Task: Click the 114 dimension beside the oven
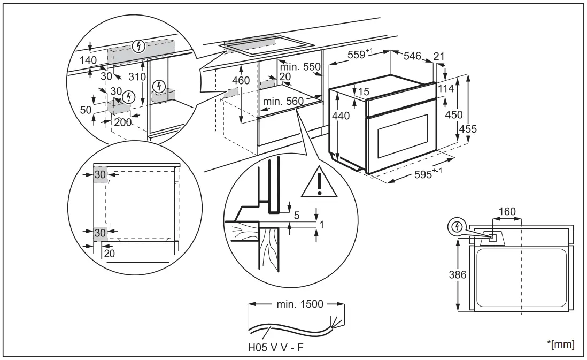446,88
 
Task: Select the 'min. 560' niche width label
283,101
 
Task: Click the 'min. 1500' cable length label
300,304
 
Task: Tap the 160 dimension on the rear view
506,212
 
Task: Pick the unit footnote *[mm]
562,344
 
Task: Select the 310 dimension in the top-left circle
137,76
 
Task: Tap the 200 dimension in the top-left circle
122,122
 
